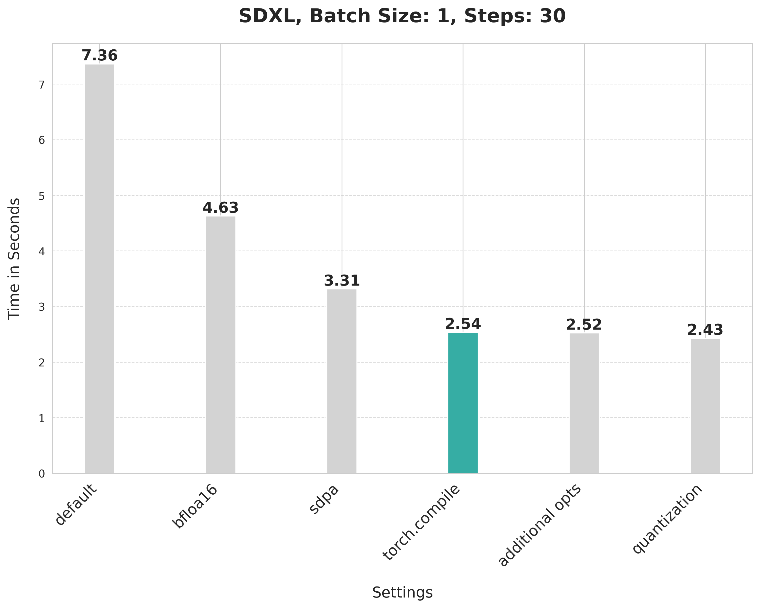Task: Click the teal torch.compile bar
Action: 463,403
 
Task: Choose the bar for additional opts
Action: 584,403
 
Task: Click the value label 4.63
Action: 221,208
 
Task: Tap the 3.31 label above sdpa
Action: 342,281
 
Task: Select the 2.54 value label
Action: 463,324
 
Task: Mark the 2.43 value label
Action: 705,330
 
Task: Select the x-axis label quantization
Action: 667,519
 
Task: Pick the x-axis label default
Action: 76,505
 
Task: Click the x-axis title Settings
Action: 402,592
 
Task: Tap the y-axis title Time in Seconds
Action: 14,258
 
